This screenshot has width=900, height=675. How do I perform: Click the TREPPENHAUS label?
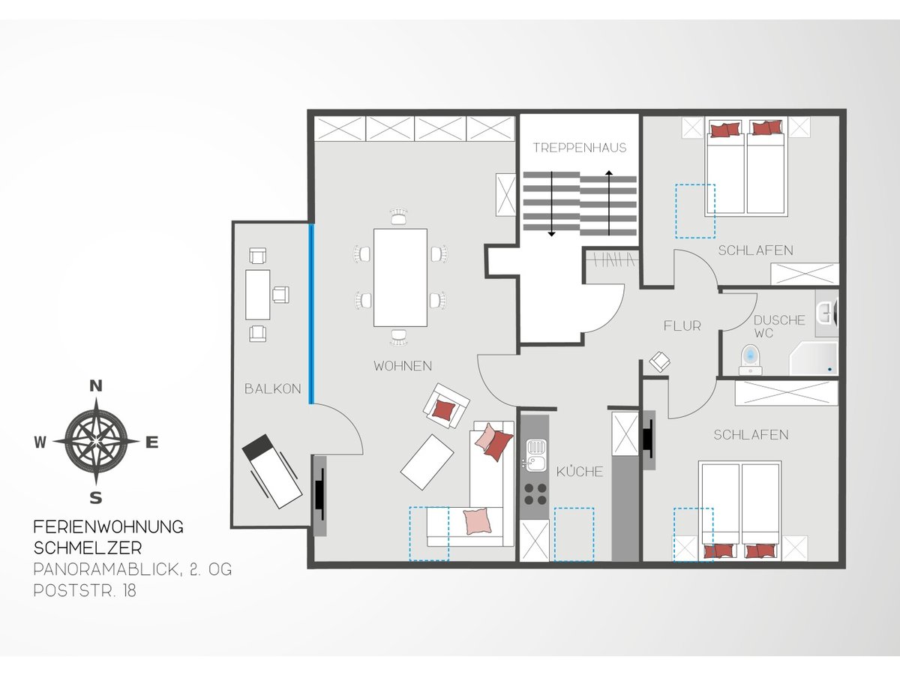[580, 148]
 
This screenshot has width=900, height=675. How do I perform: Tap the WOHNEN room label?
[403, 366]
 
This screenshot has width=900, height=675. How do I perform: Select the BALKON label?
[273, 388]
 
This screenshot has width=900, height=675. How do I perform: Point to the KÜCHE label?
[580, 471]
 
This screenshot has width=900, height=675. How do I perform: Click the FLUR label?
[682, 326]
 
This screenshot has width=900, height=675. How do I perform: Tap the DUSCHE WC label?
[779, 326]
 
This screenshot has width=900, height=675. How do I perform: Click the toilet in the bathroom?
[750, 359]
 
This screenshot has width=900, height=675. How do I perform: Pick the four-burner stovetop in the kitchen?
[535, 493]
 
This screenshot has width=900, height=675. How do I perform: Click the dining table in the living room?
[400, 277]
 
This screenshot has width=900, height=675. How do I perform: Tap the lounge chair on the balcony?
[272, 471]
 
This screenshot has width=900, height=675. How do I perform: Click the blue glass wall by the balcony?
[311, 314]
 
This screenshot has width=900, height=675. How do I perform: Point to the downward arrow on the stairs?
[551, 204]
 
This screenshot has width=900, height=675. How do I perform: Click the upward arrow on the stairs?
[609, 202]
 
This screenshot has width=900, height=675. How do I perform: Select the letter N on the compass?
[95, 386]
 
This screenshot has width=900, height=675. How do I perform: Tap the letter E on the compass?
[152, 442]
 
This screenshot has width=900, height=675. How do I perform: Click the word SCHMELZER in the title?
[88, 548]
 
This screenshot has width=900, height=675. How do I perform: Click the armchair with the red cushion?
[446, 406]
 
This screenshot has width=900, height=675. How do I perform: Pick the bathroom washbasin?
[826, 314]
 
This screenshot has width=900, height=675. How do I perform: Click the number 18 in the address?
[130, 590]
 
